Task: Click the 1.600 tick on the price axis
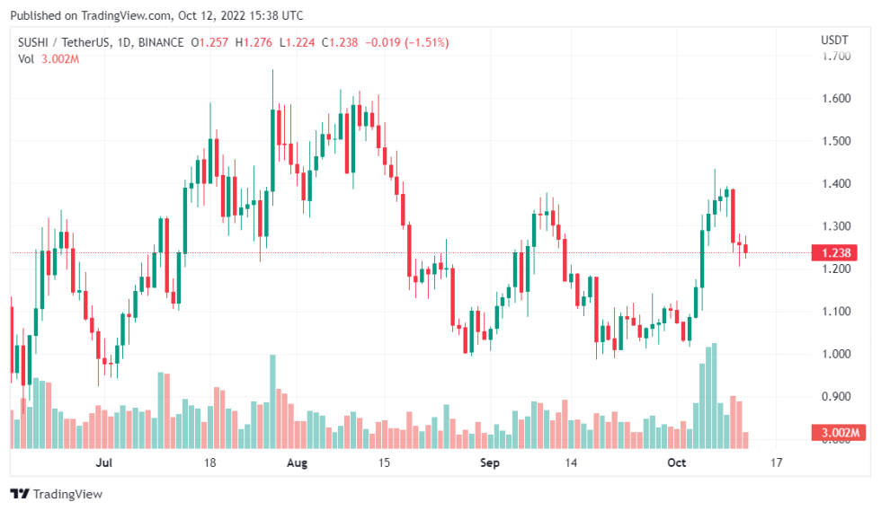click(835, 98)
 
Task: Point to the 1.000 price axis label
click(835, 354)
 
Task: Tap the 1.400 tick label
click(835, 183)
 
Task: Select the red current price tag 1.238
click(835, 253)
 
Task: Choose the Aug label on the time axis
click(297, 463)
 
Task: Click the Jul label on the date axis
click(103, 463)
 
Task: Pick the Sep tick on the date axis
click(489, 463)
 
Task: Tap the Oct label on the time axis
click(676, 463)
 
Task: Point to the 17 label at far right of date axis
click(776, 463)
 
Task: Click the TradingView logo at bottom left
click(57, 494)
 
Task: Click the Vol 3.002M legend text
click(49, 58)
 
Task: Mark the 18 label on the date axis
click(210, 463)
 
